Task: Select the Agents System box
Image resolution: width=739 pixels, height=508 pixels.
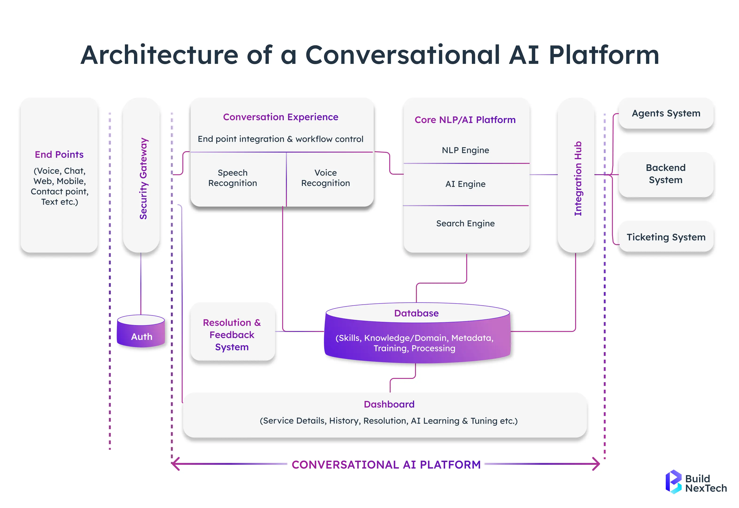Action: [666, 113]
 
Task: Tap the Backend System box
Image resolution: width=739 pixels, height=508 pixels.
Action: [666, 174]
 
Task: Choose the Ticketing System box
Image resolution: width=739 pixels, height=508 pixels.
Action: [666, 237]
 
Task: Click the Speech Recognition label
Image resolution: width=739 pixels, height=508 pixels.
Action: [233, 178]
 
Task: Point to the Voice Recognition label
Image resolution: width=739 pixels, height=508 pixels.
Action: [325, 178]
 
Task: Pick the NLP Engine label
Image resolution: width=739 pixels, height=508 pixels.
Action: [465, 150]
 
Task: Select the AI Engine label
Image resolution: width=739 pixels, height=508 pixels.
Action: [465, 184]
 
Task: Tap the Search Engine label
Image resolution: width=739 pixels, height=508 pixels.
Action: [465, 223]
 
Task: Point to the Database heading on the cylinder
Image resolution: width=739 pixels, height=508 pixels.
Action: [416, 313]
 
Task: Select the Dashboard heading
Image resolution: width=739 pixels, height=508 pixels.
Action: [389, 404]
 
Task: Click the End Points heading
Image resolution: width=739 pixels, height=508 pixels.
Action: [59, 155]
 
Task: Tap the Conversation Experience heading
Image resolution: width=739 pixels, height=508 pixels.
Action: [280, 117]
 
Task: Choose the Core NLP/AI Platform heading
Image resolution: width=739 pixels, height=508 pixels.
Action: [465, 120]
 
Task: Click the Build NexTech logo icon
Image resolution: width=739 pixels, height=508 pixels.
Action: [673, 481]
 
